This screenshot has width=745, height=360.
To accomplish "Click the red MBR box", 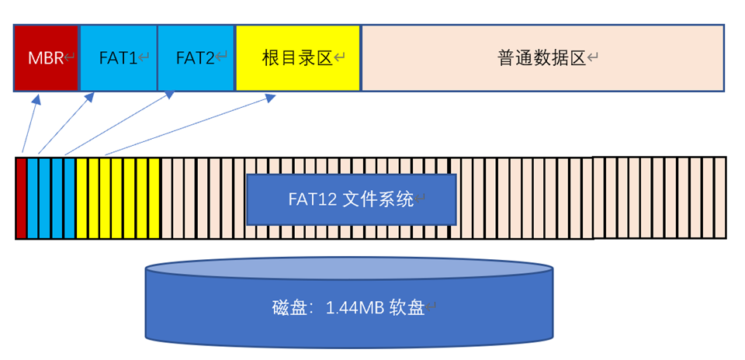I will (46, 58).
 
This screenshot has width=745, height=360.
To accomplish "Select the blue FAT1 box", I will (119, 58).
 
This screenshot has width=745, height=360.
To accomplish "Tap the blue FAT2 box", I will (196, 58).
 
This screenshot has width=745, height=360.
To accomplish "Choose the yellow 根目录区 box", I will (298, 58).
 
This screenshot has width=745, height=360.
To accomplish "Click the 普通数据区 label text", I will (541, 58).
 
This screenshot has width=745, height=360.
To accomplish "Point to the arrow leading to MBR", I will (29, 124).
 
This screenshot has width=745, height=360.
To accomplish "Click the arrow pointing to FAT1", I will (66, 124).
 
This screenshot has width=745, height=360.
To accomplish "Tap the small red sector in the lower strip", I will (21, 198).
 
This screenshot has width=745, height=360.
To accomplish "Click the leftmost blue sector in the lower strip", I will (33, 198).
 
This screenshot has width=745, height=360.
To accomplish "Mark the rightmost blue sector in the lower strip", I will (69, 198).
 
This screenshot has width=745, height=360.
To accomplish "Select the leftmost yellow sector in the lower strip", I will (81, 198).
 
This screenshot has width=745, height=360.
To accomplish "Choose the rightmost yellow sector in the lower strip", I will (154, 198).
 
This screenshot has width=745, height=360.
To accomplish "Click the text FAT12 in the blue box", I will (311, 199).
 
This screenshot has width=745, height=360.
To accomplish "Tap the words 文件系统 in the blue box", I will (378, 199).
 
